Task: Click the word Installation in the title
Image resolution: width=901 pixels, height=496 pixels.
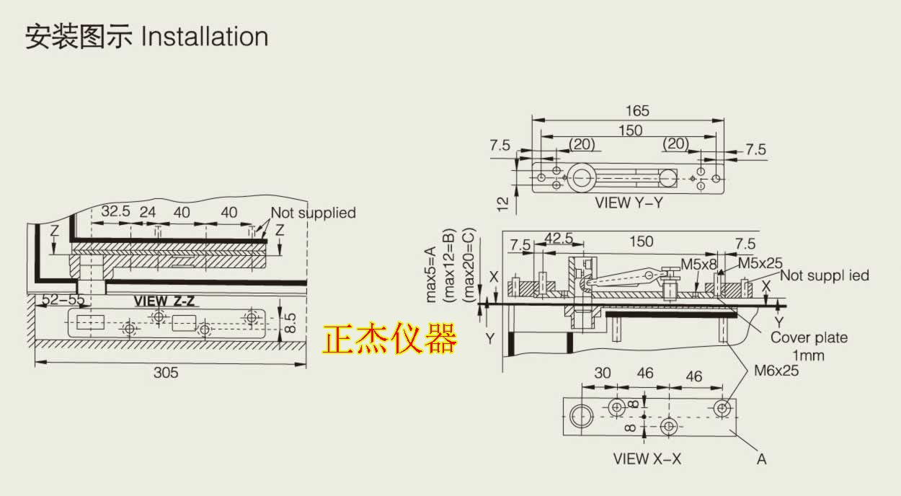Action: (205, 37)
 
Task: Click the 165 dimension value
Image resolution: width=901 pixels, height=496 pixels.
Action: (637, 111)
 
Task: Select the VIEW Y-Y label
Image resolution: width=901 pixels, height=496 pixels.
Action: (629, 203)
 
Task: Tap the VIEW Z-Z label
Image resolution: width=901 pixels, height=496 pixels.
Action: (164, 301)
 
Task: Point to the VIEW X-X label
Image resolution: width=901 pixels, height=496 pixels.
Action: (647, 459)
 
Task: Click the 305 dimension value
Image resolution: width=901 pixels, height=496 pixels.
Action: (166, 373)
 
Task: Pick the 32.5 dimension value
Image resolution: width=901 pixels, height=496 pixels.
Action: (115, 213)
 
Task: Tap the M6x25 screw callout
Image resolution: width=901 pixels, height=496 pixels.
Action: (776, 371)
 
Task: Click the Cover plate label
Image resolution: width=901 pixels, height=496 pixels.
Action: (809, 337)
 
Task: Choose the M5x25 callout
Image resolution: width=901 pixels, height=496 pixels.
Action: (759, 264)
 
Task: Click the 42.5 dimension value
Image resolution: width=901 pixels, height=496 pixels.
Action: (559, 239)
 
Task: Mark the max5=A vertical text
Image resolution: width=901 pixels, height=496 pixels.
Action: (431, 274)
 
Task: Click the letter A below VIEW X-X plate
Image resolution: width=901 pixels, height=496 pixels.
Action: (761, 458)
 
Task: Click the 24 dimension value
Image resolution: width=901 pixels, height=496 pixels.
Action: (147, 213)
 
